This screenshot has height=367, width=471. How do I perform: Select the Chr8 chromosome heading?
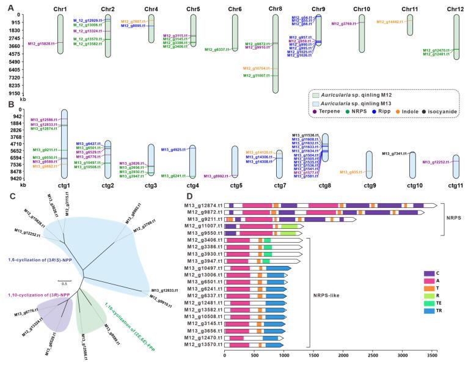point(276,9)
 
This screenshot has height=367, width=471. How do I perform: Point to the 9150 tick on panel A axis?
point(13,94)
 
